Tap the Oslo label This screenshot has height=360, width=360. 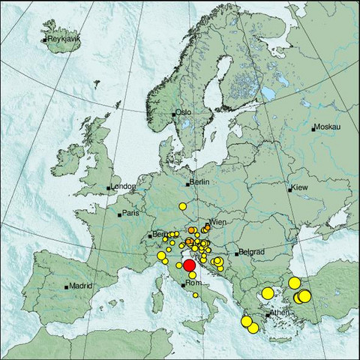(x=184, y=112)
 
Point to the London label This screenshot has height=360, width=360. (x=123, y=187)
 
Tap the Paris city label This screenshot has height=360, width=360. (x=132, y=214)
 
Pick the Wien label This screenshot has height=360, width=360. (x=218, y=223)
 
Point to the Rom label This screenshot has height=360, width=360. (x=193, y=284)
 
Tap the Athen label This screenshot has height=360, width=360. (x=279, y=313)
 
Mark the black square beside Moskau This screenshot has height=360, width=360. (x=313, y=128)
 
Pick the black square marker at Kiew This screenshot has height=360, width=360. (x=290, y=189)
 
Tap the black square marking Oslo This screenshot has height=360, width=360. (x=174, y=114)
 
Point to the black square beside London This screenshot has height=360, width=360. (x=109, y=187)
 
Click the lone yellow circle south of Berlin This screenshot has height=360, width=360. (x=181, y=205)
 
